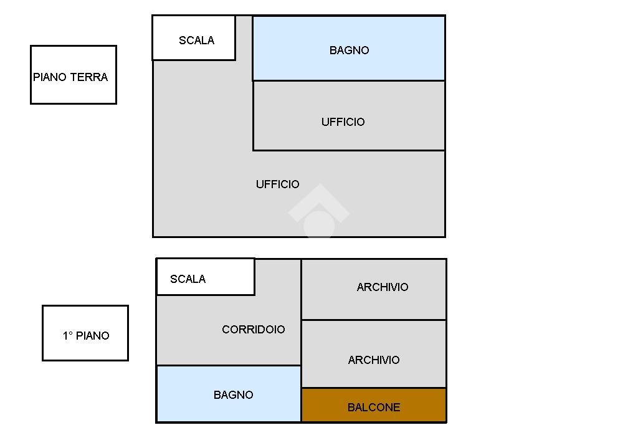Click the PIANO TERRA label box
coord(73,75)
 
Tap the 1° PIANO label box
coord(85,333)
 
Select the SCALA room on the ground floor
coord(194,38)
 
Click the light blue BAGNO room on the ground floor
coord(349,48)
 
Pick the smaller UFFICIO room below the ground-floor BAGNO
coord(349,116)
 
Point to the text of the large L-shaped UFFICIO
coord(277,184)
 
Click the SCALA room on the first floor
coord(205,277)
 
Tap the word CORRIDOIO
coord(253,329)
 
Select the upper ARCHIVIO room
coord(374,289)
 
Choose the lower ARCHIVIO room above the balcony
coord(374,354)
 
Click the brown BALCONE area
coord(374,405)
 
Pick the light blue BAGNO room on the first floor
coord(228,394)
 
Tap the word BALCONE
coord(374,408)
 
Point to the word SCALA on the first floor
coord(188,279)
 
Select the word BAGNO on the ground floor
coord(349,50)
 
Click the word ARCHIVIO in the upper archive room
coord(383,287)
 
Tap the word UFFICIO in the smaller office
coord(343,122)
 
